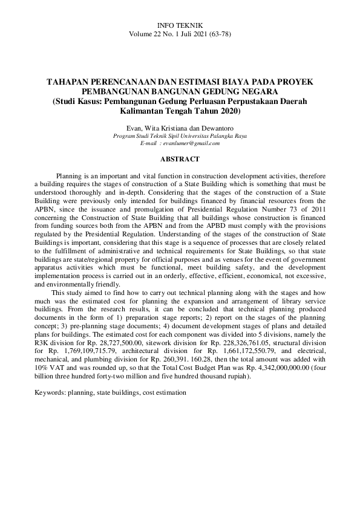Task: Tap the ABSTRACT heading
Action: tap(179, 159)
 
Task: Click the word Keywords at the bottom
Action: tap(49, 392)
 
